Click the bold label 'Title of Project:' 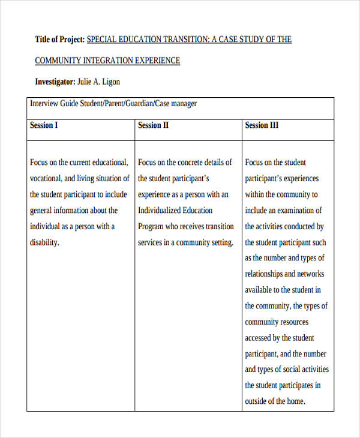[x=60, y=40]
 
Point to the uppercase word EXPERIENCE [x=157, y=61]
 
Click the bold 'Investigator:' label [x=55, y=82]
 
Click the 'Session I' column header [x=44, y=125]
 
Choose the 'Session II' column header [x=154, y=125]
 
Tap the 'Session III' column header [x=262, y=125]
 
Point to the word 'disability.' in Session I [x=45, y=242]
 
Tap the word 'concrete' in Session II [x=191, y=163]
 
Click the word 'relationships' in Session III [x=266, y=274]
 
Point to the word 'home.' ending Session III [x=295, y=401]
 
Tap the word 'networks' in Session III [x=310, y=274]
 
